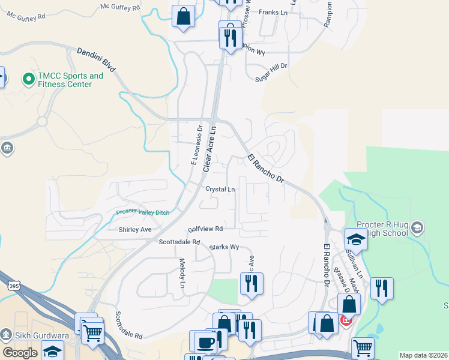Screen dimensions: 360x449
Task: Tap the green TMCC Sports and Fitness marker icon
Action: click(28, 78)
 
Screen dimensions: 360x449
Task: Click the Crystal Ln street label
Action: click(220, 189)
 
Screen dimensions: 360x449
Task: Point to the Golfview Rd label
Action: click(205, 229)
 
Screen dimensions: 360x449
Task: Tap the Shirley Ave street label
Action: click(135, 230)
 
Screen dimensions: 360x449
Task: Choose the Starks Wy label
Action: click(224, 247)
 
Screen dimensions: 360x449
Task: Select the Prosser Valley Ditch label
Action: click(143, 212)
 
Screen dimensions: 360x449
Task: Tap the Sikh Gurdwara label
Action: click(35, 334)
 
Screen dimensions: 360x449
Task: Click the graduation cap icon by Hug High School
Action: click(356, 239)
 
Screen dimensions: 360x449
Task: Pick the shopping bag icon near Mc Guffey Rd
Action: click(184, 16)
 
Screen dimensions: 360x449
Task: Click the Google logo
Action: click(20, 353)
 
